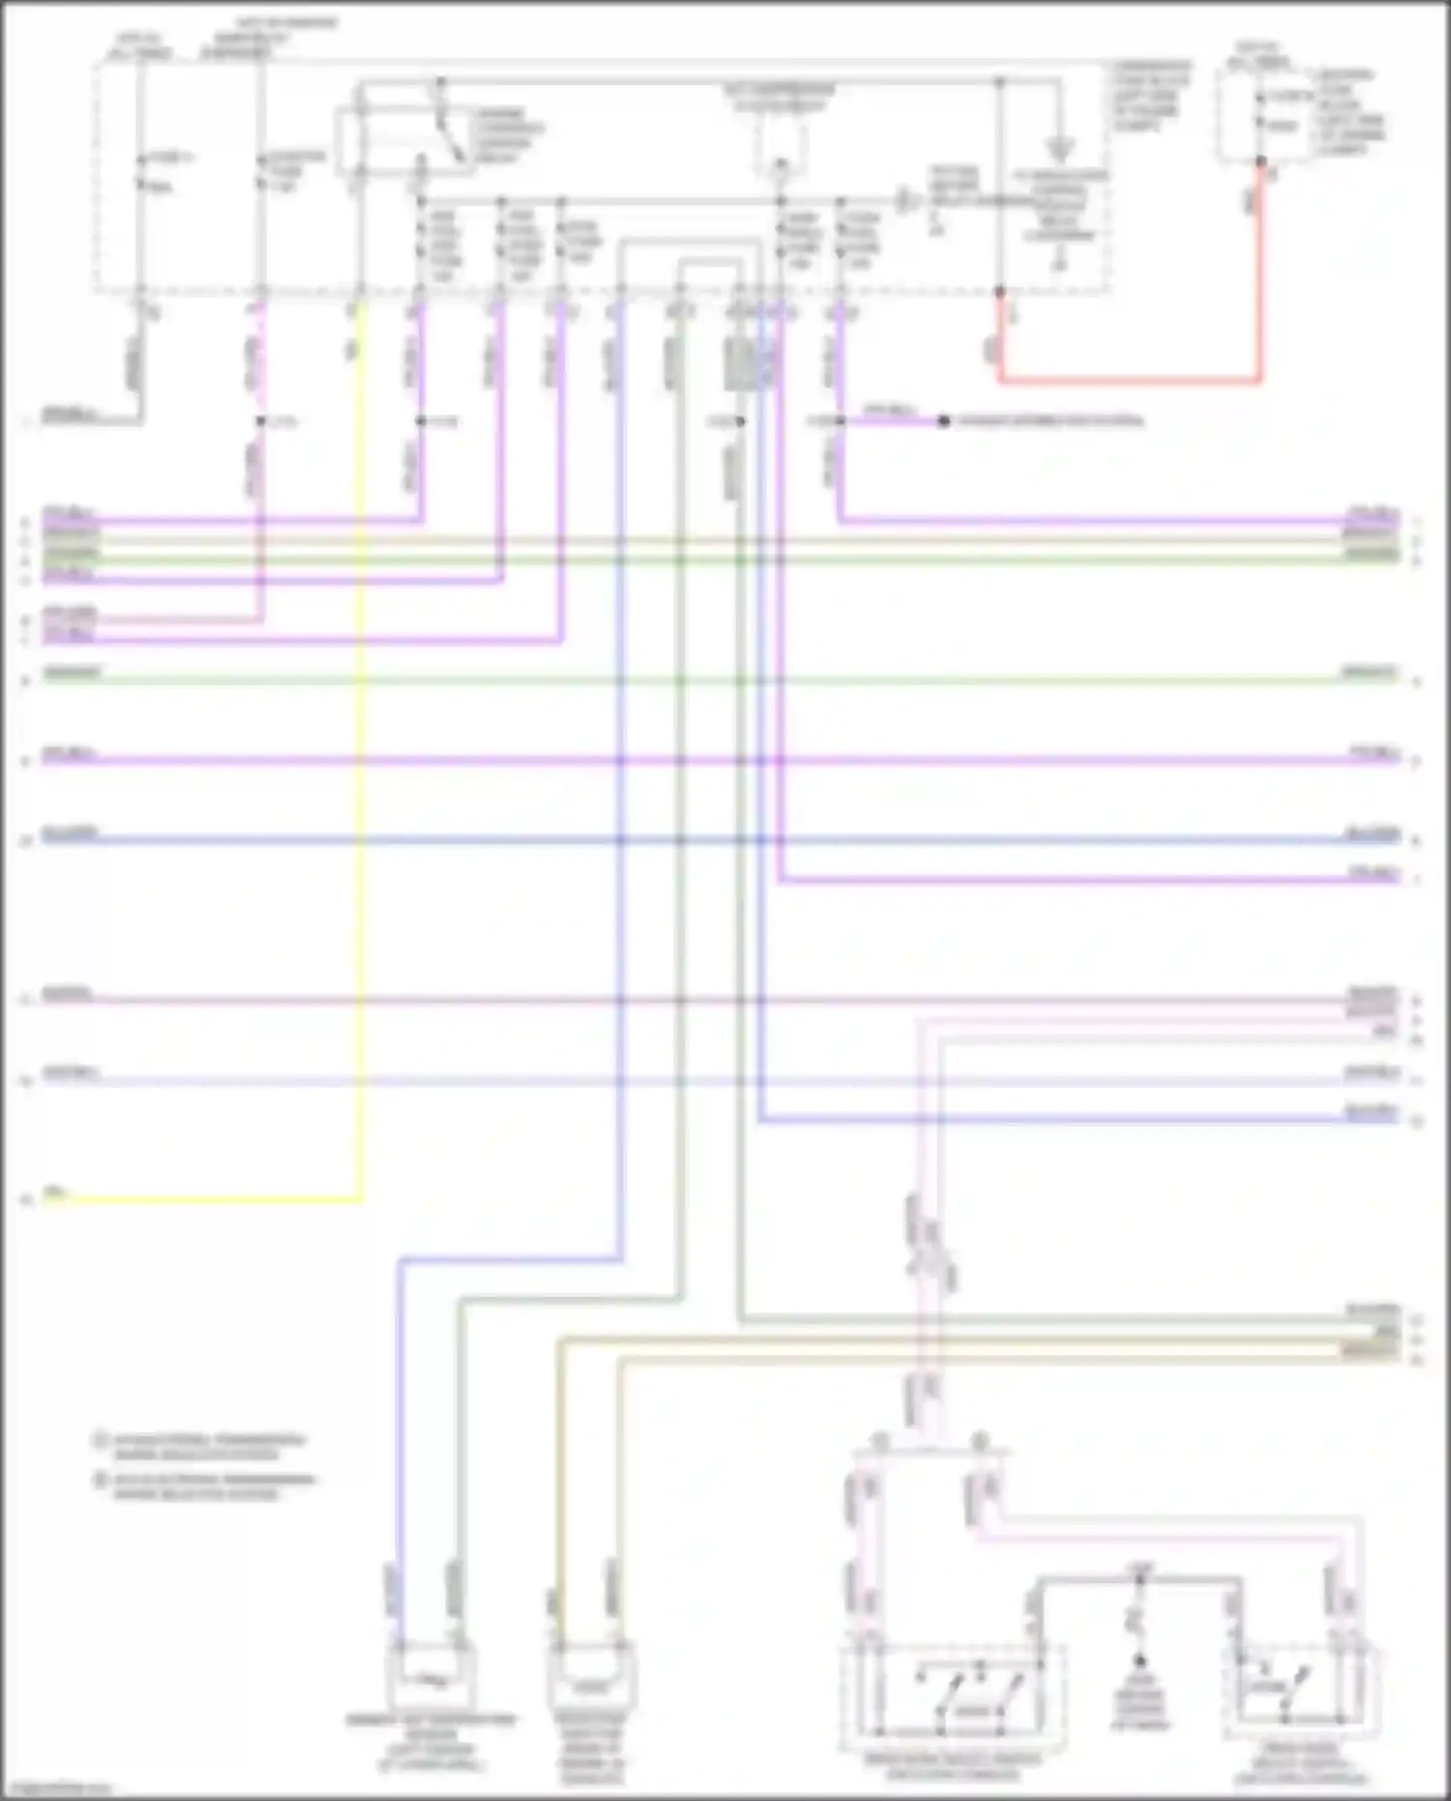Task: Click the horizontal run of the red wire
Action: coord(1129,381)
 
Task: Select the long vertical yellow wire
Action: coord(361,774)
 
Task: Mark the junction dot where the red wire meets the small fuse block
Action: coord(1260,162)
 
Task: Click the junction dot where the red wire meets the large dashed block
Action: coord(1000,290)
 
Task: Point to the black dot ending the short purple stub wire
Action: coord(944,421)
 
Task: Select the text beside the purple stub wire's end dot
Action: coord(1050,421)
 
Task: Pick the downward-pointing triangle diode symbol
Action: coord(1060,150)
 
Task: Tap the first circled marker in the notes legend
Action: coord(99,1440)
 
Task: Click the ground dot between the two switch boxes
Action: coord(1139,1661)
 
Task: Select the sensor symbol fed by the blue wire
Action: coord(432,1680)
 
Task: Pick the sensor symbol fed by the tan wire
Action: coord(590,1682)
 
